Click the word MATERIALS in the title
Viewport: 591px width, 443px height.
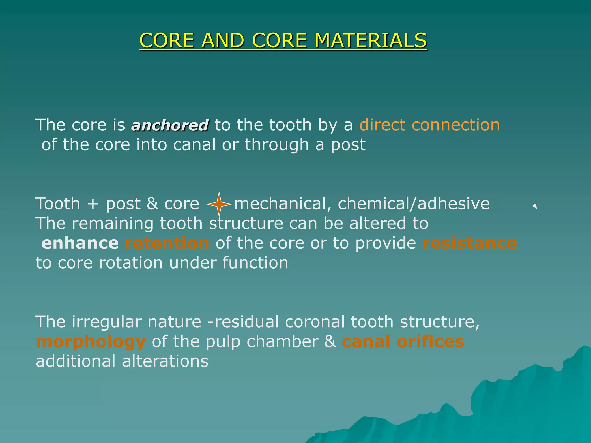(371, 40)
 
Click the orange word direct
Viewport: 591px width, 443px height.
(382, 125)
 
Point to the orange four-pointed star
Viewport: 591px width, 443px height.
(219, 204)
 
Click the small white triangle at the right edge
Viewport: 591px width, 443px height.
(534, 206)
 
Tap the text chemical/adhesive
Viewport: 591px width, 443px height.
(414, 204)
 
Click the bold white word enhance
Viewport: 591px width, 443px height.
(80, 243)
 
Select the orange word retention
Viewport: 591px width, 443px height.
(167, 243)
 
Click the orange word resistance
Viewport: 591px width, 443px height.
(470, 243)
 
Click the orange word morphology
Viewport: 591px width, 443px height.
(91, 342)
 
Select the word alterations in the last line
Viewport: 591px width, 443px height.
(165, 361)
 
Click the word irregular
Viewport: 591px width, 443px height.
(107, 322)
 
